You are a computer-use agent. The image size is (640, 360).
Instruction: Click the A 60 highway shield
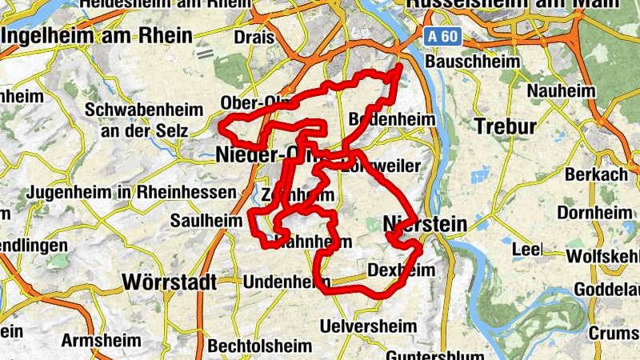442,36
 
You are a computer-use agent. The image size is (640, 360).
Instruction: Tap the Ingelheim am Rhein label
98,36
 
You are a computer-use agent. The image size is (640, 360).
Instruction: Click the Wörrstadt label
170,282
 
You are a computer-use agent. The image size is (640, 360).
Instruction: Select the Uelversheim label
368,326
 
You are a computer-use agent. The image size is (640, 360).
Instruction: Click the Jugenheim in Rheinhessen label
131,193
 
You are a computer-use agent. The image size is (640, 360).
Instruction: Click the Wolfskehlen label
602,256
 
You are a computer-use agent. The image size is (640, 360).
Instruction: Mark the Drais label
254,38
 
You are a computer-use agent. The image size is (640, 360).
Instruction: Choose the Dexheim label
401,270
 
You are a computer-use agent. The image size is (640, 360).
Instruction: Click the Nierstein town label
424,224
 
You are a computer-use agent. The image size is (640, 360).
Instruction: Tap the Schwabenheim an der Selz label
138,118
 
